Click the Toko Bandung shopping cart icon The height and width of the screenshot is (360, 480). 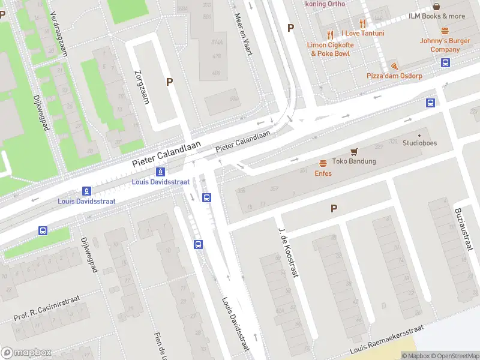(354, 152)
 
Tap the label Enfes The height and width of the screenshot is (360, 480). (323, 173)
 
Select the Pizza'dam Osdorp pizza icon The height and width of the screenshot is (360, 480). (394, 65)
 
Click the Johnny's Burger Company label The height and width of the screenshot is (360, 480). (445, 45)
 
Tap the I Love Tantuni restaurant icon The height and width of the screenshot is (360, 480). (362, 23)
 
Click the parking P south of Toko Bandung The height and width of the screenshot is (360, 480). (334, 208)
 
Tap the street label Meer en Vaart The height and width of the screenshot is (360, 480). (242, 35)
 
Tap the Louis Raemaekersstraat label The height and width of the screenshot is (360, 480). (387, 340)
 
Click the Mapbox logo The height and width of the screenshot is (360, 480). (26, 352)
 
